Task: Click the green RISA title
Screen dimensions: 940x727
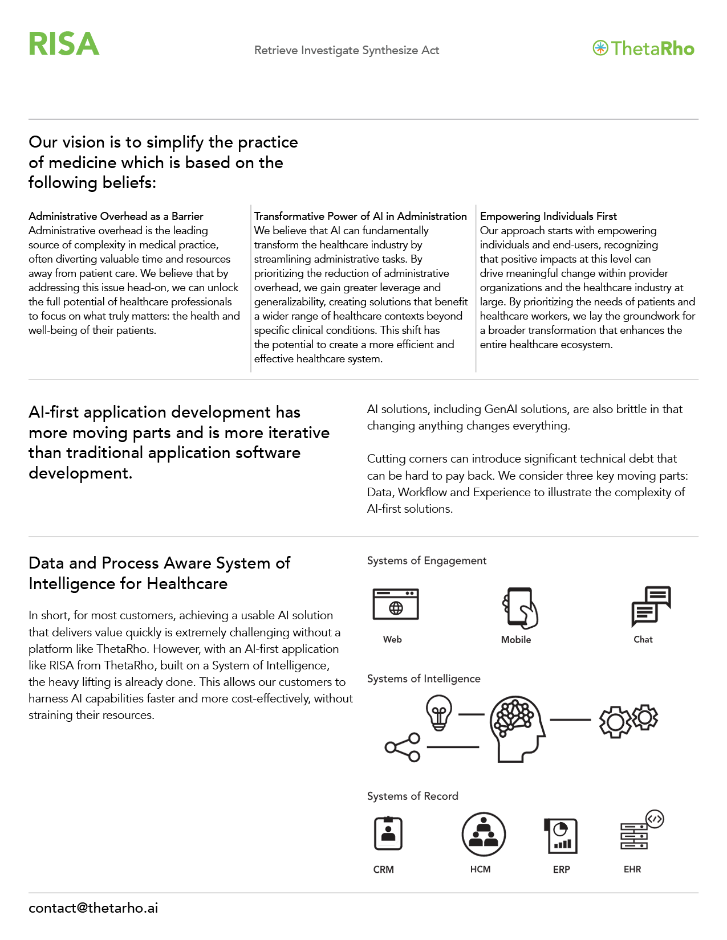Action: point(64,44)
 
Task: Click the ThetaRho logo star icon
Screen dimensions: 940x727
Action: point(600,48)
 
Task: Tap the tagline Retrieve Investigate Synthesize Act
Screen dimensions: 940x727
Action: point(346,50)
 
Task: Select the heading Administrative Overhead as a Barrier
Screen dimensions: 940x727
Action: point(116,216)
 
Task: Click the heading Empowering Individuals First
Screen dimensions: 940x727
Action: point(548,216)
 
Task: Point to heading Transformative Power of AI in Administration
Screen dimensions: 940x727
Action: point(360,216)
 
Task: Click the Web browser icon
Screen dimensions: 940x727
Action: point(395,604)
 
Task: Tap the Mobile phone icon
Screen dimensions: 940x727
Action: point(519,607)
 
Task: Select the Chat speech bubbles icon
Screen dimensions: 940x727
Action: point(651,606)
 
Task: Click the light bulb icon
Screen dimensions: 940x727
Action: point(439,712)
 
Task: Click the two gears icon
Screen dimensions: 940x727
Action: point(628,721)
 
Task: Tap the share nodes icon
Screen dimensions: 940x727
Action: point(403,747)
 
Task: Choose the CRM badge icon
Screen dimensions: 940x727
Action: point(388,833)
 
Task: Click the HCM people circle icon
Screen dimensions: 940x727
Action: point(484,835)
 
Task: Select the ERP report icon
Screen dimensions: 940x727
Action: point(561,836)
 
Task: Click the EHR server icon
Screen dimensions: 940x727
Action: point(638,833)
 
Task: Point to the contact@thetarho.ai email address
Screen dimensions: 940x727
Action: point(93,908)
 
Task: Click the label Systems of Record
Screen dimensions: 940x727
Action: point(412,796)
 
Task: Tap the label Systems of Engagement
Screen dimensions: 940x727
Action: point(427,561)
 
